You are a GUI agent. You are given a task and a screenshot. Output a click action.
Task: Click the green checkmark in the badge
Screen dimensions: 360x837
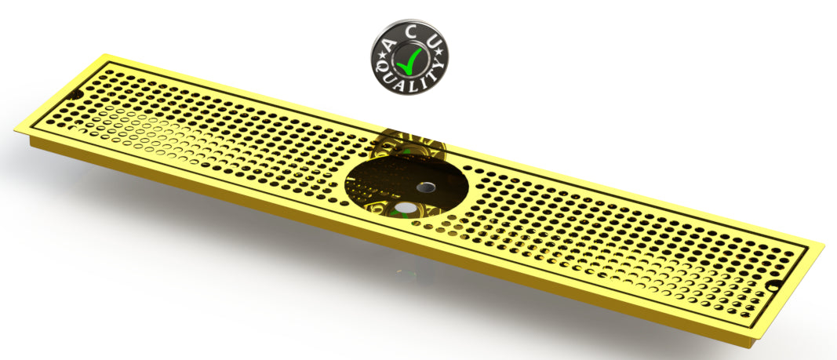409,56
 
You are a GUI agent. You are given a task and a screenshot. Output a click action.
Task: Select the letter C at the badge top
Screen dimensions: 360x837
410,27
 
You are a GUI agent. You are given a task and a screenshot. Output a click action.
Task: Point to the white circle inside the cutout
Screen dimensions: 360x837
406,209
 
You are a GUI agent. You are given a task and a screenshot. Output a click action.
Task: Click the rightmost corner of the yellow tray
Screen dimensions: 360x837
824,244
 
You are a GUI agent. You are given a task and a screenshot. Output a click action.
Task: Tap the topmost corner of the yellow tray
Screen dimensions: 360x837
106,55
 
